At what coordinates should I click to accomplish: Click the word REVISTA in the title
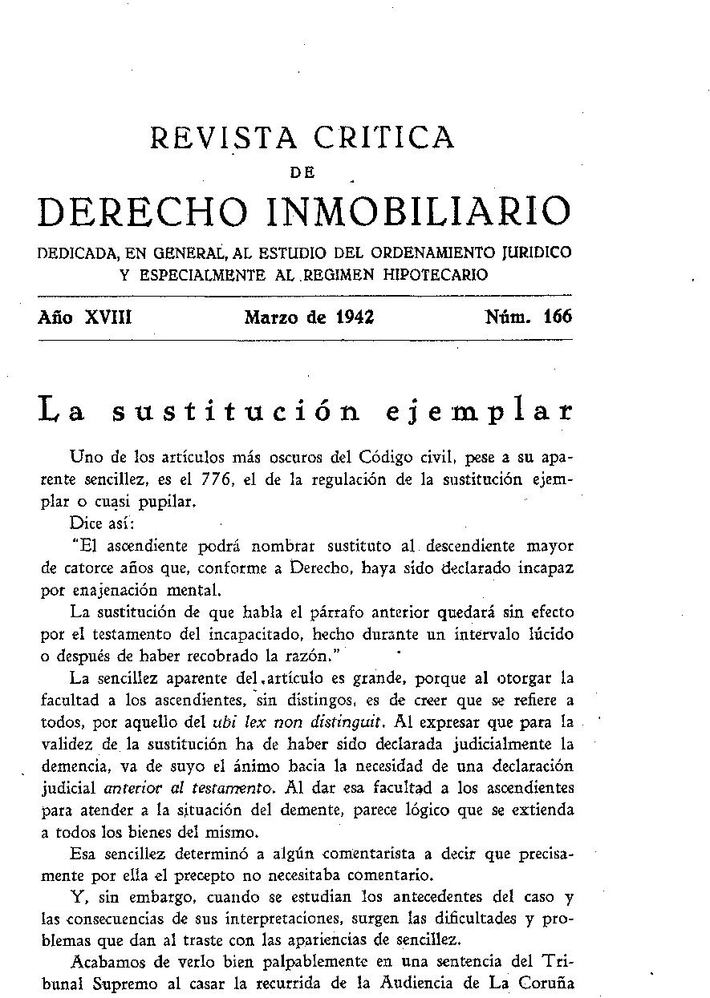tap(224, 138)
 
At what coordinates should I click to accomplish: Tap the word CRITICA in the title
tap(384, 138)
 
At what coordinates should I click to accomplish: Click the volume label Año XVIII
tap(85, 317)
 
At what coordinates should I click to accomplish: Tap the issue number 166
tap(557, 317)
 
